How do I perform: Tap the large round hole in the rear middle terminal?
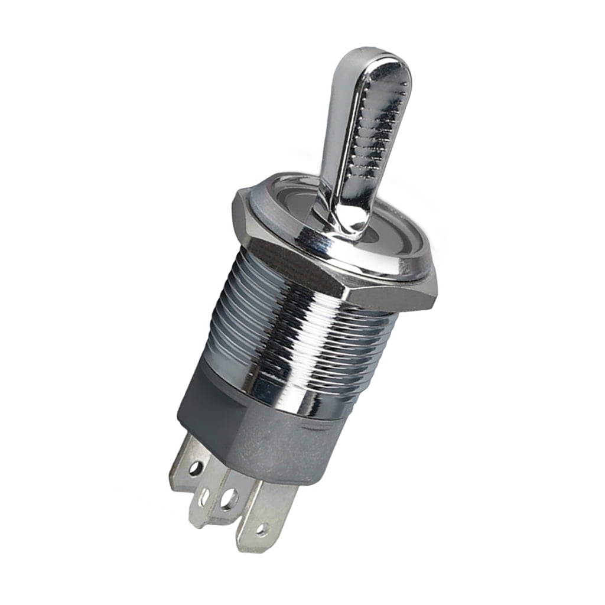[x=229, y=499]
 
